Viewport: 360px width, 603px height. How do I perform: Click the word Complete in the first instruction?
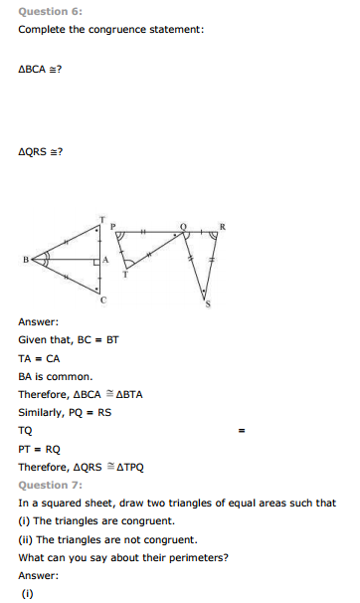tap(43, 30)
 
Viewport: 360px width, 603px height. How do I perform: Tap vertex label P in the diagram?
tap(113, 227)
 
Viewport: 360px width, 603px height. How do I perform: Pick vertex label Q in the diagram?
tap(182, 227)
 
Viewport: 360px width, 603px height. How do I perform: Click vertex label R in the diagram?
tap(222, 227)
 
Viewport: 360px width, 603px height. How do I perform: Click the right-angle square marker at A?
tap(97, 261)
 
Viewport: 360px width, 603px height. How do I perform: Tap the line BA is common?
tap(55, 376)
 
